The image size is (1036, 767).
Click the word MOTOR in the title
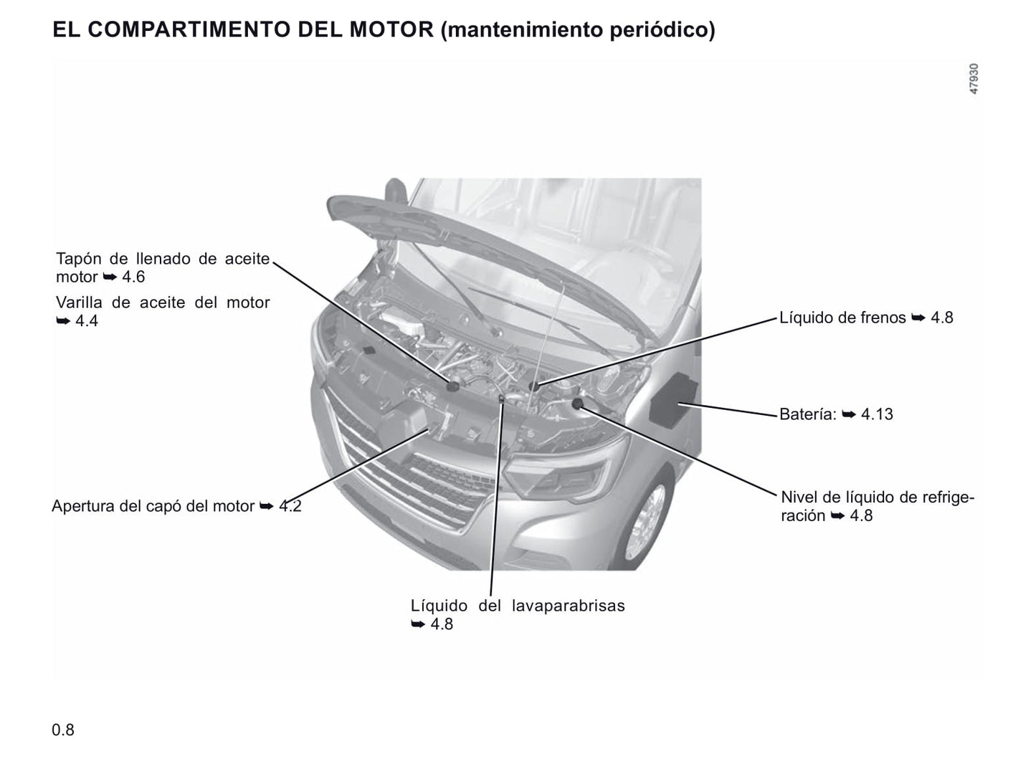pyautogui.click(x=391, y=29)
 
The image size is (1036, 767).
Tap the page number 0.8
pyautogui.click(x=62, y=730)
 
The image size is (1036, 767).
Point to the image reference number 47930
pyautogui.click(x=974, y=78)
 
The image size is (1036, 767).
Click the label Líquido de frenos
pyautogui.click(x=842, y=318)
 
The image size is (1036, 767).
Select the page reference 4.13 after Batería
pyautogui.click(x=877, y=414)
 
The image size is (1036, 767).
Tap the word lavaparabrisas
pyautogui.click(x=568, y=606)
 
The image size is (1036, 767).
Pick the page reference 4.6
pyautogui.click(x=133, y=277)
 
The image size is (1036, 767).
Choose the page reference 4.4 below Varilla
pyautogui.click(x=87, y=321)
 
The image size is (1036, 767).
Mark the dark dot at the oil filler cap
pyautogui.click(x=452, y=386)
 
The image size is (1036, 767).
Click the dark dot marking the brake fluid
pyautogui.click(x=534, y=386)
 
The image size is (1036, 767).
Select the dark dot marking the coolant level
pyautogui.click(x=578, y=404)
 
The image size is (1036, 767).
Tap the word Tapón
pyautogui.click(x=78, y=259)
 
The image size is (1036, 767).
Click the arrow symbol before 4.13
pyautogui.click(x=849, y=414)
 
